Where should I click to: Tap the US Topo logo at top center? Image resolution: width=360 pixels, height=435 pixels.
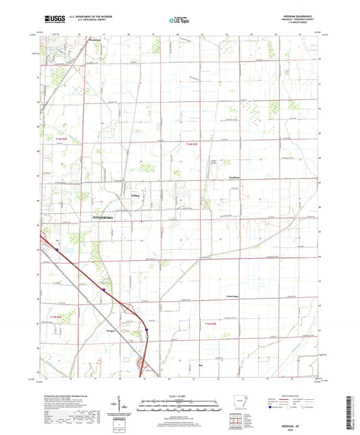(179, 21)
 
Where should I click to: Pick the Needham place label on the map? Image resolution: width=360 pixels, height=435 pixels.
(233, 178)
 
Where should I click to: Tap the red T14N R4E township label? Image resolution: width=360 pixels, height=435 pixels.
(59, 138)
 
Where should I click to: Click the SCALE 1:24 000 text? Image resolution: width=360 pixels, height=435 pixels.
(180, 395)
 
